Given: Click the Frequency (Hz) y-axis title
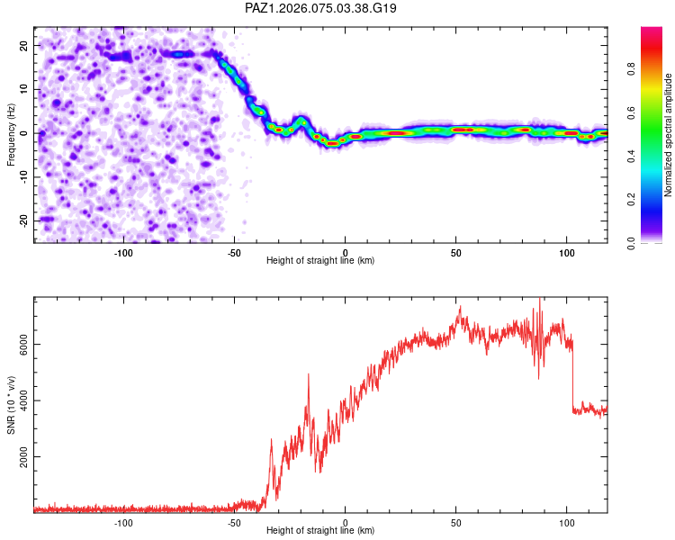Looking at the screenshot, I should pos(11,134).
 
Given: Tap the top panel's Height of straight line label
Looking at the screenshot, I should pos(320,260).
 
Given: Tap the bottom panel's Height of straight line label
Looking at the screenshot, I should pos(320,530).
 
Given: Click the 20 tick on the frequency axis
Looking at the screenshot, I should pos(24,45).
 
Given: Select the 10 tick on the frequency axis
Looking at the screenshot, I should pos(24,89).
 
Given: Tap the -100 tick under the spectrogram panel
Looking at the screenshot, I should pos(123,251).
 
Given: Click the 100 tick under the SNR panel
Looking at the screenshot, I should pos(566,521).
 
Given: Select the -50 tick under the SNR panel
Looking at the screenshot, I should pos(234,521).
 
